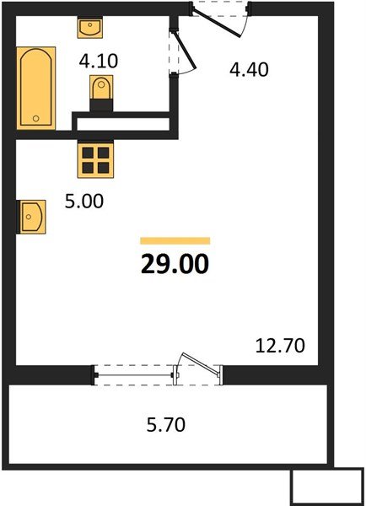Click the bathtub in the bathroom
(36, 89)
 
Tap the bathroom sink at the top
(89, 29)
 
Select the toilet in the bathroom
(100, 89)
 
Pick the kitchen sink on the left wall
(31, 216)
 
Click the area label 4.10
(98, 61)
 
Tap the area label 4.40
(249, 70)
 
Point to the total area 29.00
(175, 264)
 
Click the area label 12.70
(280, 344)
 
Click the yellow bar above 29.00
(175, 241)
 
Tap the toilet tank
(100, 103)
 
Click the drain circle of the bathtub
(36, 119)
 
